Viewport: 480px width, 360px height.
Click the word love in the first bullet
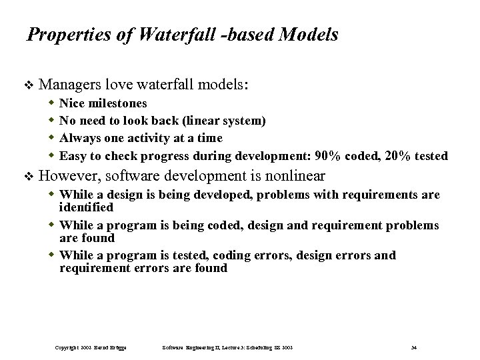pos(118,85)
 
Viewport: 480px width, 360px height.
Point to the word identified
pos(87,208)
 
